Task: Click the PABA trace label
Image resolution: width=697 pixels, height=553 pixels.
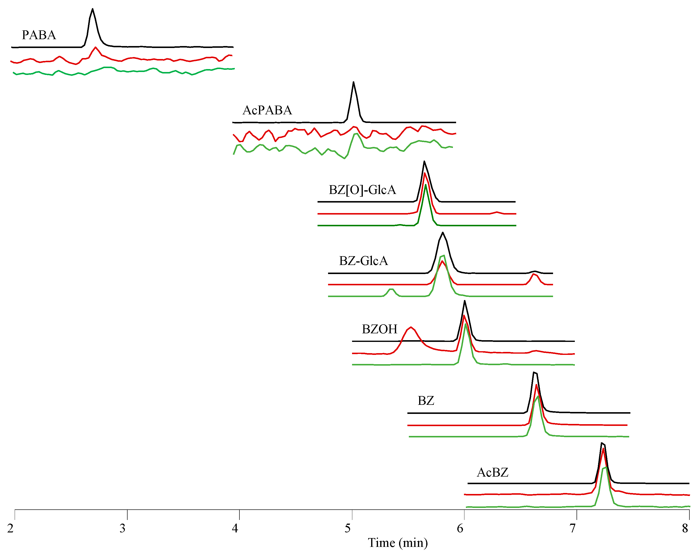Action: click(39, 35)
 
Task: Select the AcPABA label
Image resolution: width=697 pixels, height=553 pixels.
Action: click(267, 110)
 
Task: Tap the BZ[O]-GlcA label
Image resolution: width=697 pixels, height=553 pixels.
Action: click(362, 190)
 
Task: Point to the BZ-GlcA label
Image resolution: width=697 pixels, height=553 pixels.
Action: click(363, 261)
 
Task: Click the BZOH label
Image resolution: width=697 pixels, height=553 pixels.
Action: click(379, 329)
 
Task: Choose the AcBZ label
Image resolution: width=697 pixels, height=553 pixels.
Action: click(492, 472)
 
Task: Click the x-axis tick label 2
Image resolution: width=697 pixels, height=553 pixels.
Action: click(10, 528)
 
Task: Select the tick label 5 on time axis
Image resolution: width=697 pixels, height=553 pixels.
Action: click(348, 528)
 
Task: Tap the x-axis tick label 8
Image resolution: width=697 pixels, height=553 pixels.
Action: click(685, 528)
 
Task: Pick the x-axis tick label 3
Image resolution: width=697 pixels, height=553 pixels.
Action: click(122, 528)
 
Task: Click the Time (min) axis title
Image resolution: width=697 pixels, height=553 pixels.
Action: click(398, 543)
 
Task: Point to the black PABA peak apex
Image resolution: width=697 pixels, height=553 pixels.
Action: click(93, 9)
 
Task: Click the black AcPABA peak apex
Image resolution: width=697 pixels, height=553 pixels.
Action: click(353, 82)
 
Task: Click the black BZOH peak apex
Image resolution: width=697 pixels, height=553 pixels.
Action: click(465, 301)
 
